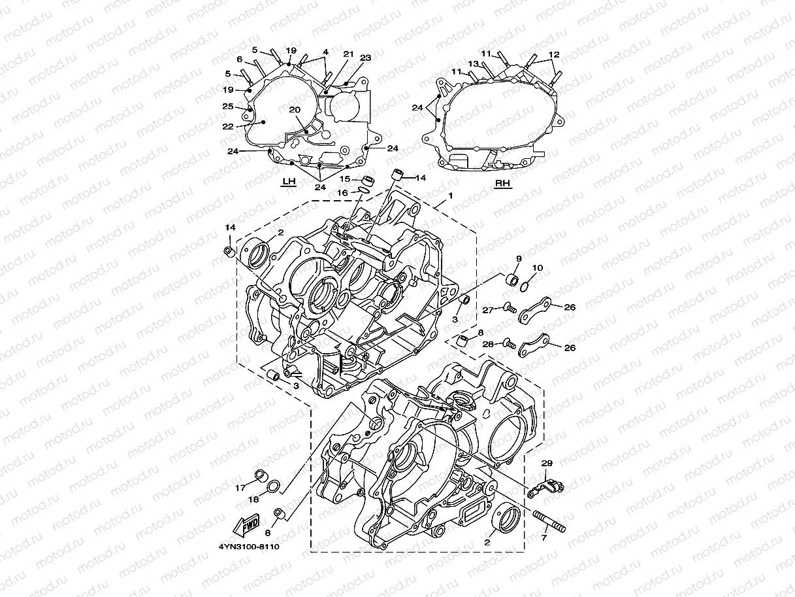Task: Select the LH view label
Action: pyautogui.click(x=288, y=184)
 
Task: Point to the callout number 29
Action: pyautogui.click(x=547, y=463)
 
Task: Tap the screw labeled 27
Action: pyautogui.click(x=510, y=307)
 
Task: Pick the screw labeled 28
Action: pyautogui.click(x=510, y=342)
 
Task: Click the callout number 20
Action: pyautogui.click(x=294, y=109)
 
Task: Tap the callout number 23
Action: pyautogui.click(x=365, y=58)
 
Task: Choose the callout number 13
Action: pyautogui.click(x=473, y=63)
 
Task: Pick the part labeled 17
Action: pyautogui.click(x=259, y=475)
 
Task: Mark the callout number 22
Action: pyautogui.click(x=227, y=126)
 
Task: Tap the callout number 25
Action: pyautogui.click(x=227, y=106)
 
